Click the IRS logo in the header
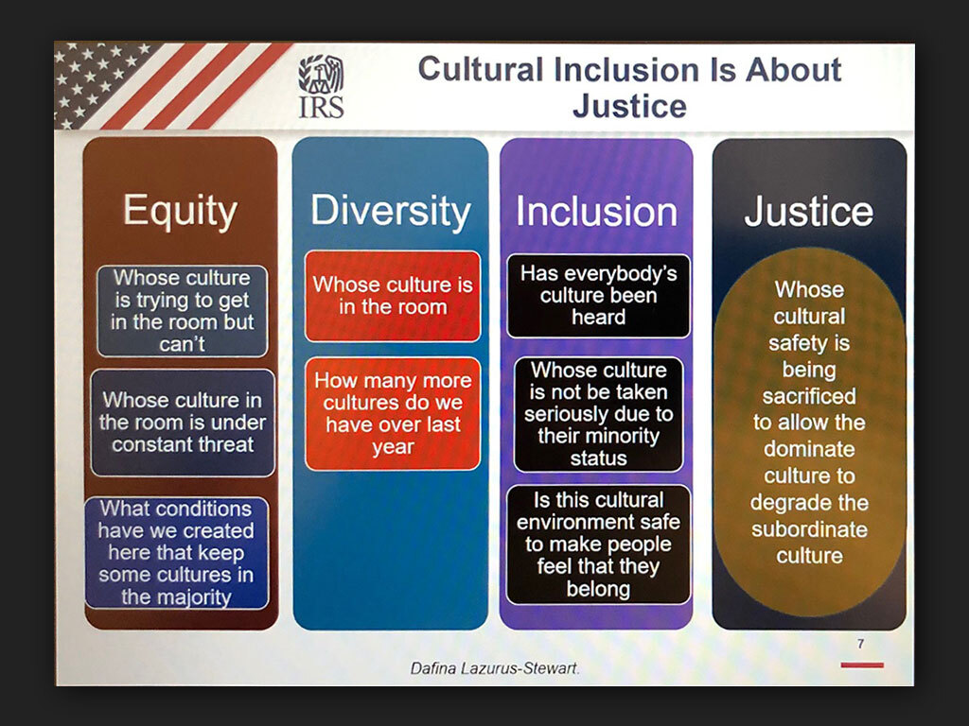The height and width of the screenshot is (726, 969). click(322, 86)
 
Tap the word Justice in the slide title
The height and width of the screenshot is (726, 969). click(629, 106)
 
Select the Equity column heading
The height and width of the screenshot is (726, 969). click(180, 212)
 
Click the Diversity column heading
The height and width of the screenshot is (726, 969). click(391, 211)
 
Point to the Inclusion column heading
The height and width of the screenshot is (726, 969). click(596, 212)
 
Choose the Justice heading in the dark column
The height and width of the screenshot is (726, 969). click(809, 212)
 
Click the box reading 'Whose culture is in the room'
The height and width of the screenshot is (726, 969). click(393, 296)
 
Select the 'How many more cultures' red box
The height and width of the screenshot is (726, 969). click(393, 414)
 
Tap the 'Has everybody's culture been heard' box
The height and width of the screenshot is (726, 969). click(598, 296)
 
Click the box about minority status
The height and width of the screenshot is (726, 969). click(598, 414)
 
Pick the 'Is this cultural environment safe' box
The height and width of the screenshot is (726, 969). click(598, 544)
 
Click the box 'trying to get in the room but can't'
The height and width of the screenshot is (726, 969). click(183, 311)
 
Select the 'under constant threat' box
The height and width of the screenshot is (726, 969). click(183, 423)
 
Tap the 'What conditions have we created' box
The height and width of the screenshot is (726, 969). click(177, 553)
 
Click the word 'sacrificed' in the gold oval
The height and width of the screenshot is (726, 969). click(809, 396)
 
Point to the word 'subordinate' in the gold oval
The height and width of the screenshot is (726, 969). click(809, 529)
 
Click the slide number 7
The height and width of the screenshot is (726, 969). click(861, 644)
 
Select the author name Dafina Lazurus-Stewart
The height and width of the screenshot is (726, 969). click(494, 668)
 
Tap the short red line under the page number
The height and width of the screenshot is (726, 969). click(862, 665)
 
